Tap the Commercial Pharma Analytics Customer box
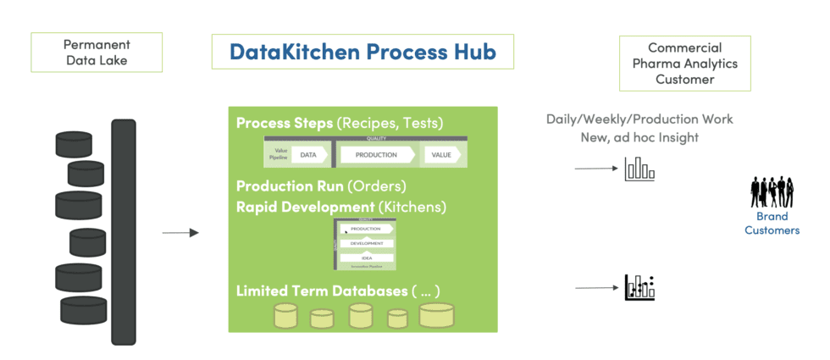point(685,63)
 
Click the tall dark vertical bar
point(124,231)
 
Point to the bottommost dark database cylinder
point(83,307)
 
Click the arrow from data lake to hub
point(180,232)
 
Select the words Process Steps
point(285,123)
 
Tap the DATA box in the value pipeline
point(308,155)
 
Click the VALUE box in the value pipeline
point(440,155)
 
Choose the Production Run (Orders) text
point(321,186)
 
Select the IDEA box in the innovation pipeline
point(366,258)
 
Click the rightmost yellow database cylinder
point(437,315)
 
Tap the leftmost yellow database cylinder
point(285,316)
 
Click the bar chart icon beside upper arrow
point(639,169)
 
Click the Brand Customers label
point(772,224)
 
